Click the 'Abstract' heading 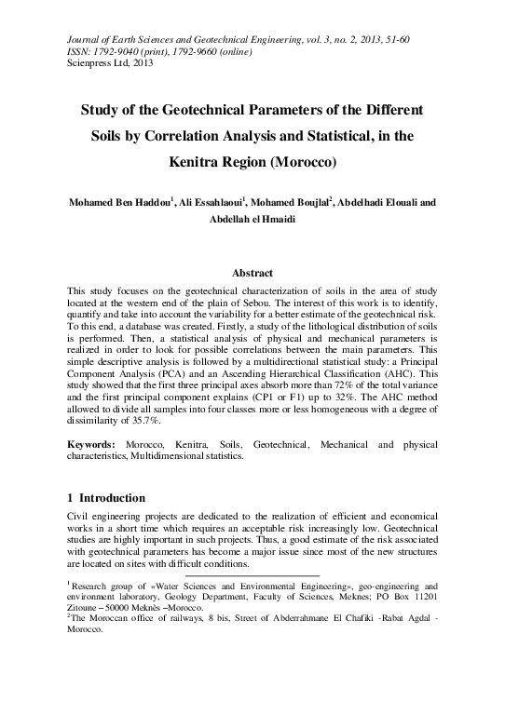coord(252,273)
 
